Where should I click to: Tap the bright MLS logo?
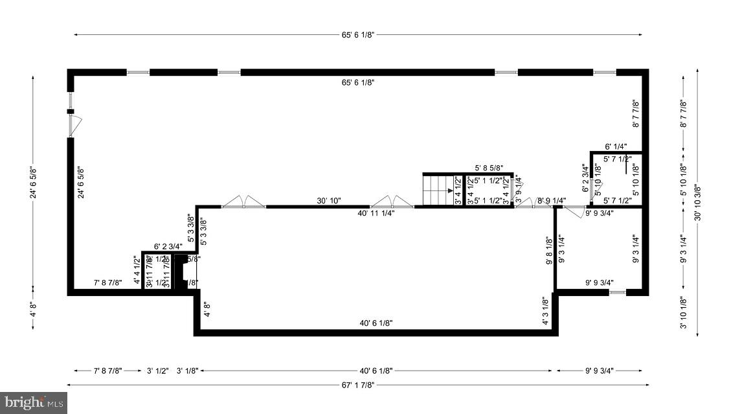pos(34,403)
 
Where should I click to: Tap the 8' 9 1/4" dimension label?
pos(552,201)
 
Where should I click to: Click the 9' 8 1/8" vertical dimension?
pos(548,250)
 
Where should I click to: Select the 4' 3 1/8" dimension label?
pos(545,310)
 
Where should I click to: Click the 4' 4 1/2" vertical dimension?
pos(137,271)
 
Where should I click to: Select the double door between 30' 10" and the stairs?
pos(392,202)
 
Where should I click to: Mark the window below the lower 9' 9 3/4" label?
pos(618,293)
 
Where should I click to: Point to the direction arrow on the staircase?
pos(450,191)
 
